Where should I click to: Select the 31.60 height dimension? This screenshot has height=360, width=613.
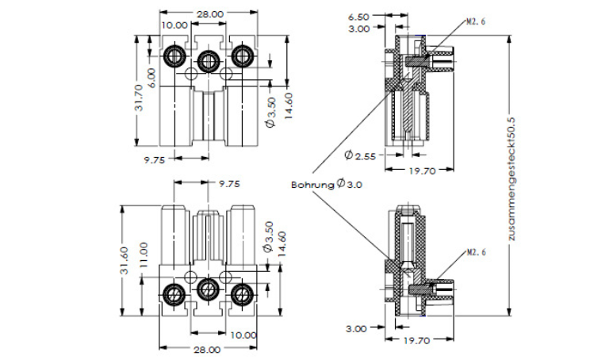point(125,259)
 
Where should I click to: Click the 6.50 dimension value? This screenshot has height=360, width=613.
point(359,16)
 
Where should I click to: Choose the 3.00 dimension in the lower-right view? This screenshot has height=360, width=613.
point(356,327)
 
